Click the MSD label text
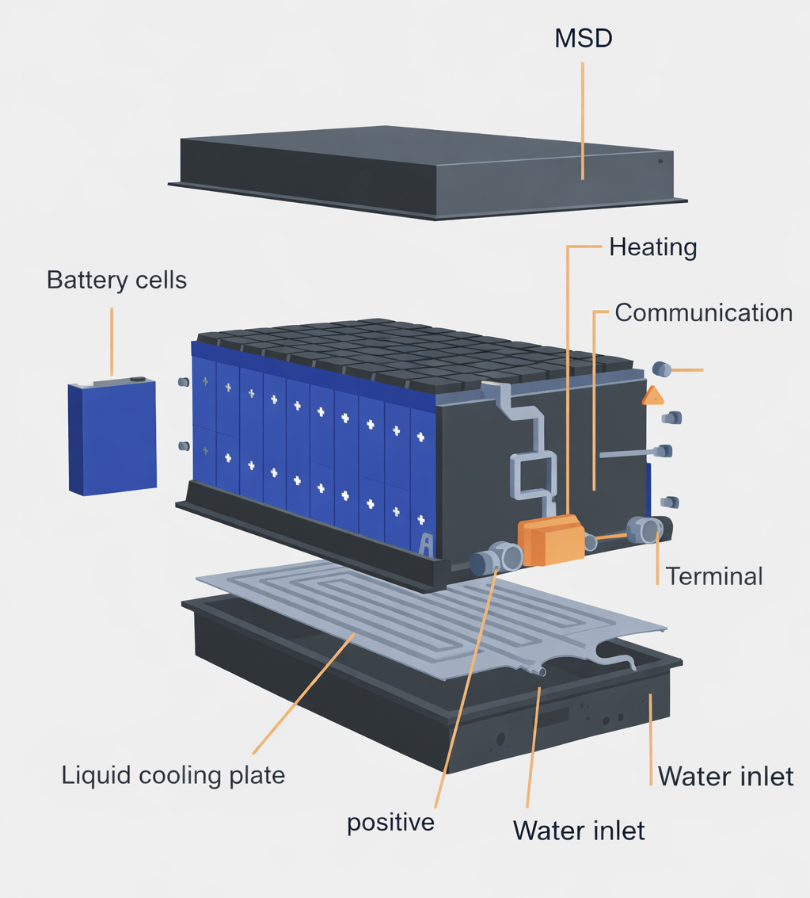click(583, 39)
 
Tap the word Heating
click(652, 247)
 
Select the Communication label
click(703, 312)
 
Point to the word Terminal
click(713, 575)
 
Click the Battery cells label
click(116, 280)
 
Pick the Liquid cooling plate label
click(173, 774)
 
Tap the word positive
click(390, 822)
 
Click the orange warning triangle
click(653, 396)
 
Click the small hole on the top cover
click(660, 161)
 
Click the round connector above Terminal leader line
click(645, 529)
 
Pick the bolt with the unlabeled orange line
click(662, 369)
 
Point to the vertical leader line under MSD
click(583, 119)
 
